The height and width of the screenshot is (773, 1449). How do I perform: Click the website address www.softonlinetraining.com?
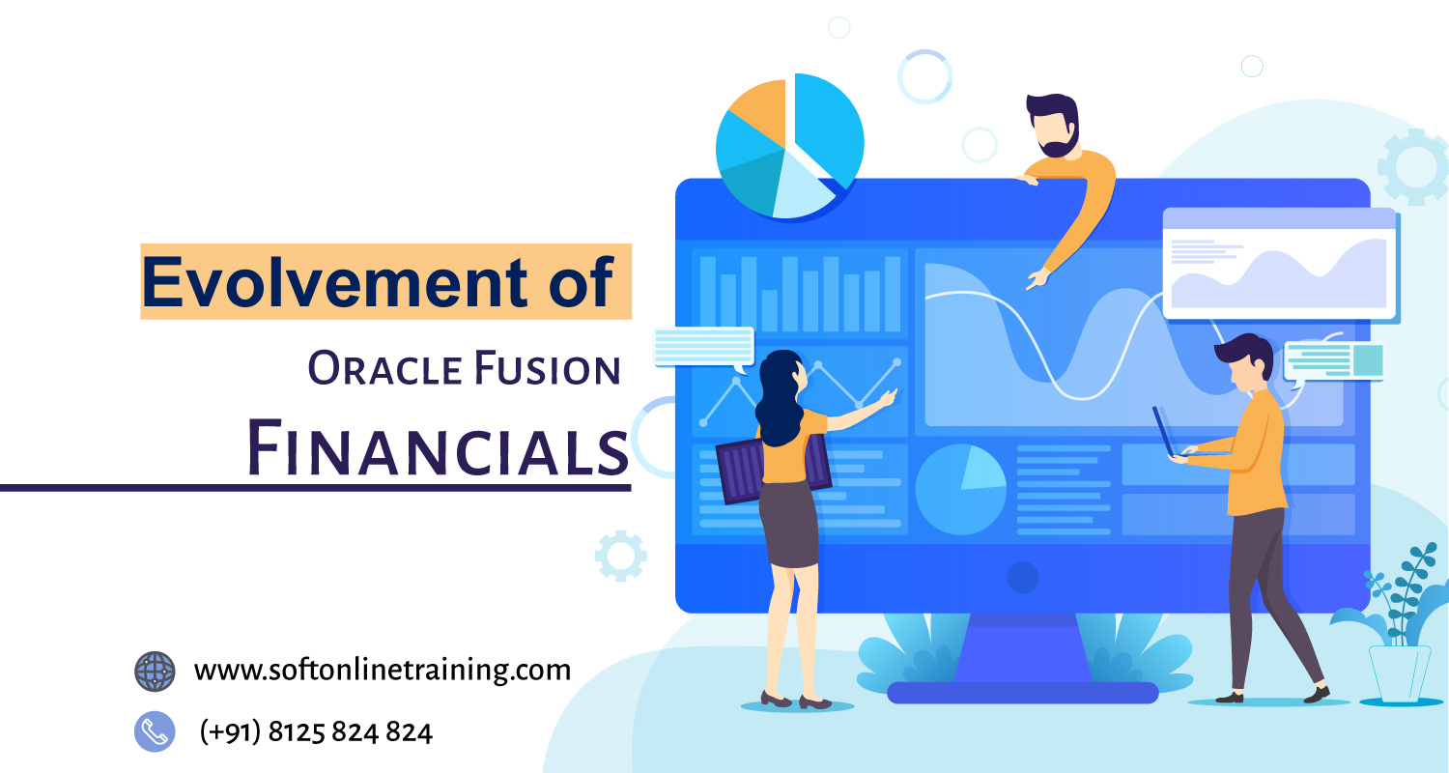click(x=382, y=669)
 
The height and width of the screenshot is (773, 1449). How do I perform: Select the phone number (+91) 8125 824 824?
click(x=316, y=731)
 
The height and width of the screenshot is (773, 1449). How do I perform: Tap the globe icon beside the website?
click(x=155, y=671)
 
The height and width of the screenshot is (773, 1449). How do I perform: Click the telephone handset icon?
click(x=155, y=731)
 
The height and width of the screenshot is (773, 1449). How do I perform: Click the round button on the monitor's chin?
click(x=1022, y=578)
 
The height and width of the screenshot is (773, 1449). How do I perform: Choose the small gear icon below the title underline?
click(x=620, y=556)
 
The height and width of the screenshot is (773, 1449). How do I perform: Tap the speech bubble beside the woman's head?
click(x=703, y=347)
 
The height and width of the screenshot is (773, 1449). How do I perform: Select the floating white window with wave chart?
click(x=1280, y=263)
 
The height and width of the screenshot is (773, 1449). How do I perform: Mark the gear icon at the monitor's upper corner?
click(x=1411, y=166)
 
